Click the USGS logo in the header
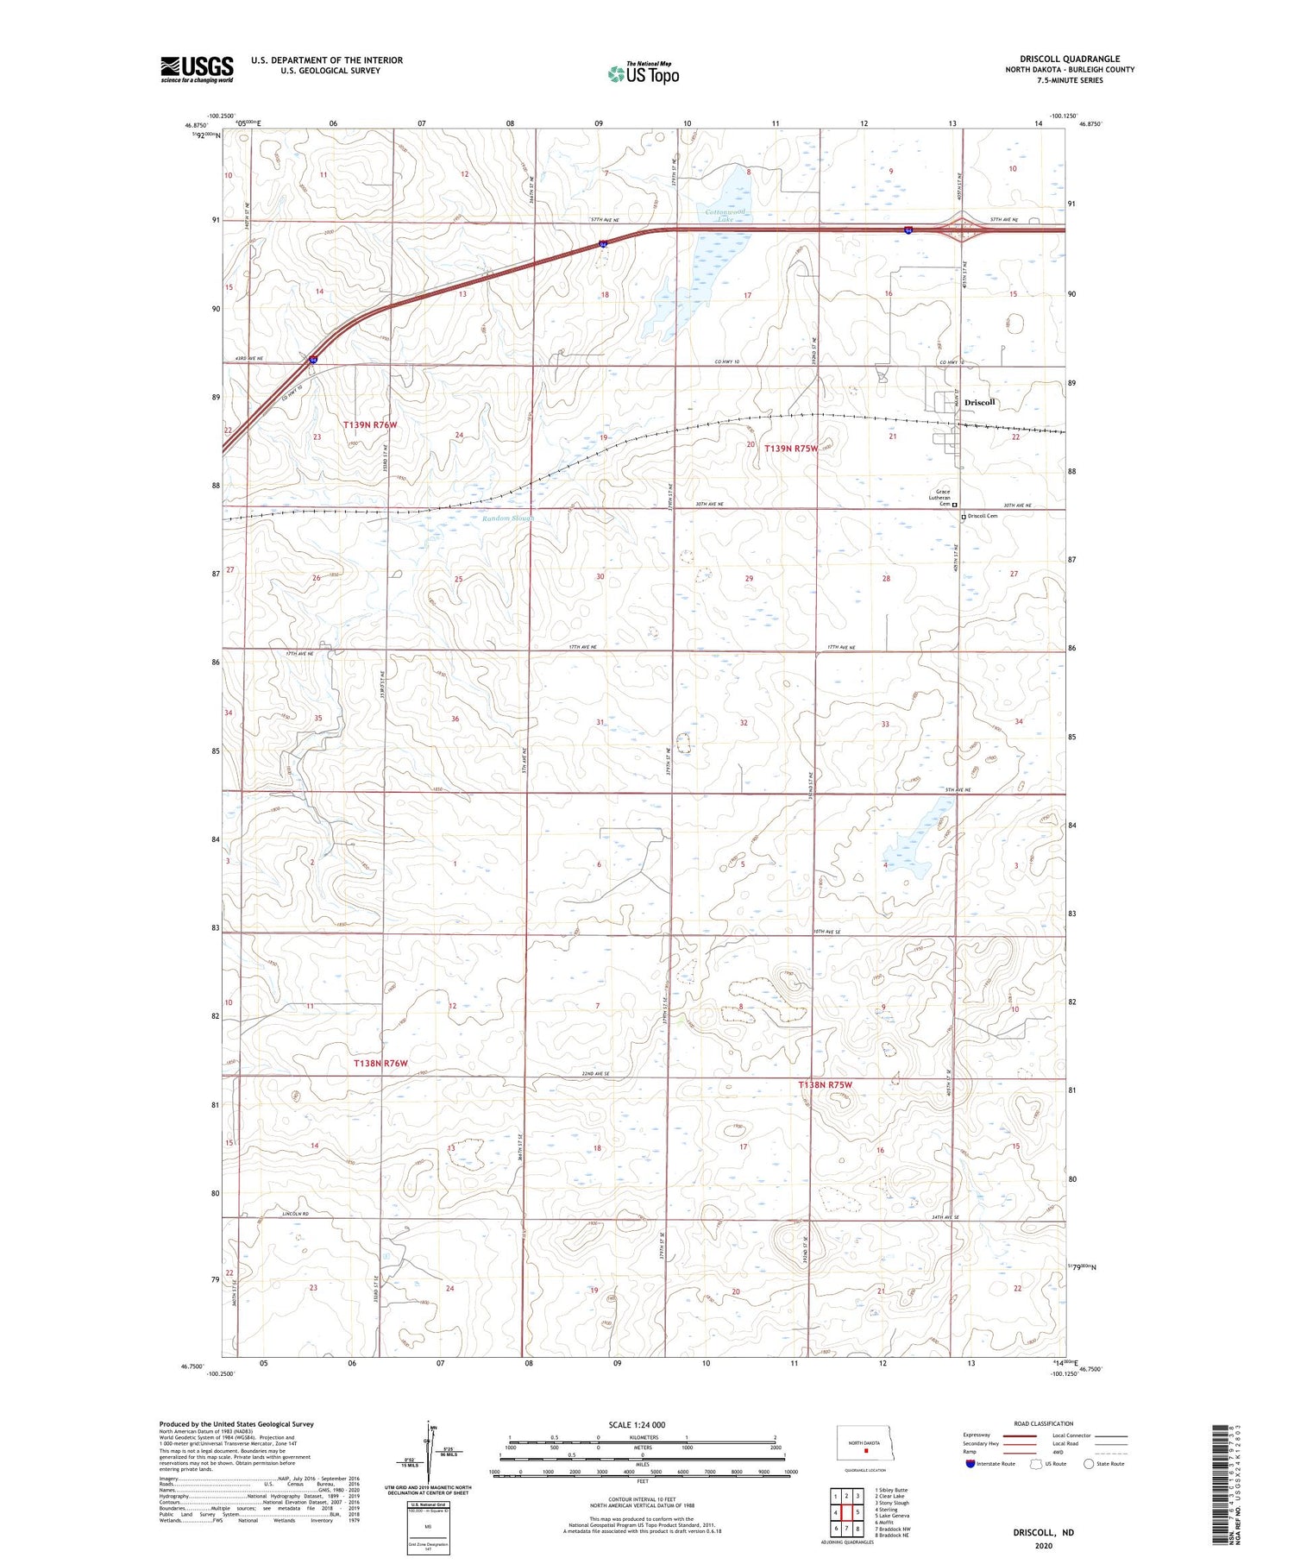click(x=197, y=69)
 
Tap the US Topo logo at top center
click(x=644, y=74)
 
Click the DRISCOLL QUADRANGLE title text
click(x=1070, y=59)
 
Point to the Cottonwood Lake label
click(x=725, y=216)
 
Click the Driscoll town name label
click(x=980, y=403)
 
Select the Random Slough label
click(x=508, y=518)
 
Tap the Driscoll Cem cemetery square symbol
click(x=964, y=517)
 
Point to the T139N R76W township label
click(x=370, y=425)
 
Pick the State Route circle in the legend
click(x=1089, y=1464)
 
